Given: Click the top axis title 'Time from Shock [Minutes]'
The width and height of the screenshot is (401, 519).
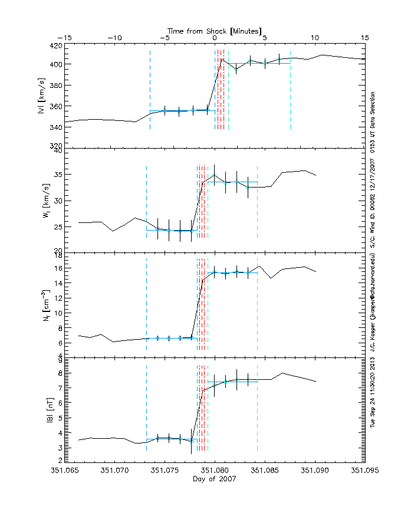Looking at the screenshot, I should pyautogui.click(x=215, y=30).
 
